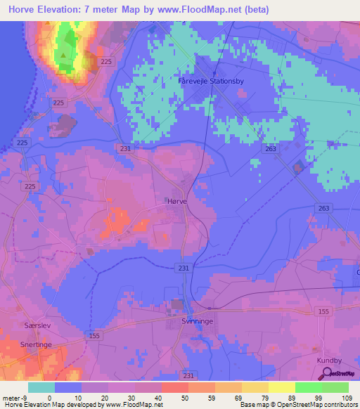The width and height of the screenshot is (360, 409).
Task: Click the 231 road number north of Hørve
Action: [x=125, y=149]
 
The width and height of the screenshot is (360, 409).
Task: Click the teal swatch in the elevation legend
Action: [x=41, y=387]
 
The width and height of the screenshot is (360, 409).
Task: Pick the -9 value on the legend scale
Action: [x=22, y=397]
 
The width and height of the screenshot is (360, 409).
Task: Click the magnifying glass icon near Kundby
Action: [x=325, y=373]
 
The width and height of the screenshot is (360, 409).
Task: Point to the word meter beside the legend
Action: [x=9, y=397]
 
